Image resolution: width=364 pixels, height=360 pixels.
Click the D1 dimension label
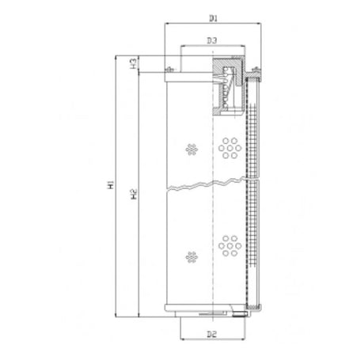click(213, 17)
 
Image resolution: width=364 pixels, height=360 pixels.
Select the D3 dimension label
click(212, 40)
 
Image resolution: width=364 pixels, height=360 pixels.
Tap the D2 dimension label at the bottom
click(212, 335)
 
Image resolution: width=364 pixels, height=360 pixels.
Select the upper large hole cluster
click(230, 147)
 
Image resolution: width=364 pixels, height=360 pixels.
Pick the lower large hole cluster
click(230, 246)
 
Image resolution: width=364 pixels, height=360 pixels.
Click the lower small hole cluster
click(191, 256)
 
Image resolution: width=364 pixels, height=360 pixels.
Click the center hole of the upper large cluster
click(230, 147)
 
